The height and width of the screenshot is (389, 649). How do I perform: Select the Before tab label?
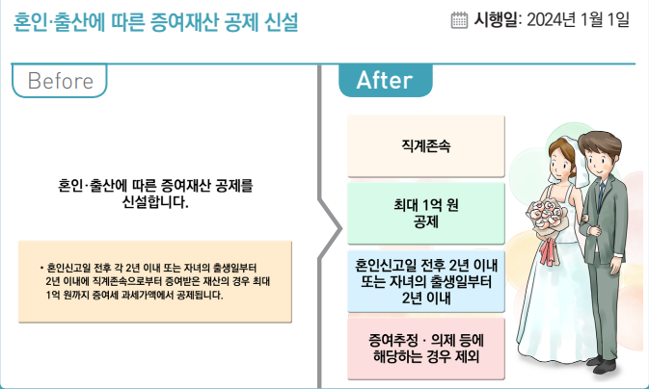(60, 81)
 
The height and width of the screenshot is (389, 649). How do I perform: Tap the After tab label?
(385, 81)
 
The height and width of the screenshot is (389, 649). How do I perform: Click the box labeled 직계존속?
(426, 147)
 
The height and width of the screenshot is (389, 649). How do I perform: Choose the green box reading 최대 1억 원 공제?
(426, 213)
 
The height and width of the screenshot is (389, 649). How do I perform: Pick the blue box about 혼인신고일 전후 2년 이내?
(426, 279)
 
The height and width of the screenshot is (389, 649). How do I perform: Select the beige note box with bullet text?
(154, 281)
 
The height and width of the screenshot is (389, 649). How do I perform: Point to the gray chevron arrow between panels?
(331, 230)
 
